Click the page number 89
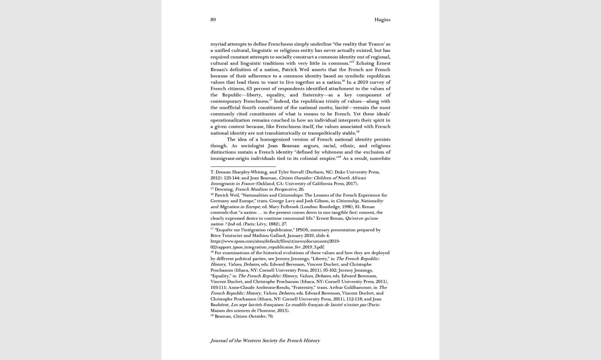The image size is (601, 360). pos(213,20)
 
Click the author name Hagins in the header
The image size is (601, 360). pos(382,20)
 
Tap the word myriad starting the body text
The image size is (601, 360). pos(218,44)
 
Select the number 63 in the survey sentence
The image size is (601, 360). pos(249,89)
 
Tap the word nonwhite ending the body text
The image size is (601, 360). pos(380,158)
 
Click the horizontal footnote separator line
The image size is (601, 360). pos(243,166)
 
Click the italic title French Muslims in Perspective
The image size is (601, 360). pos(265,189)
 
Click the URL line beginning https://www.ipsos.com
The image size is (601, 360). pos(275,241)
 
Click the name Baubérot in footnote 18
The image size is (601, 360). pos(220,305)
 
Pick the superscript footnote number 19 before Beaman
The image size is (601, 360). pos(212,315)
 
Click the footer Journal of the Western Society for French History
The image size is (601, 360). pos(265,340)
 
